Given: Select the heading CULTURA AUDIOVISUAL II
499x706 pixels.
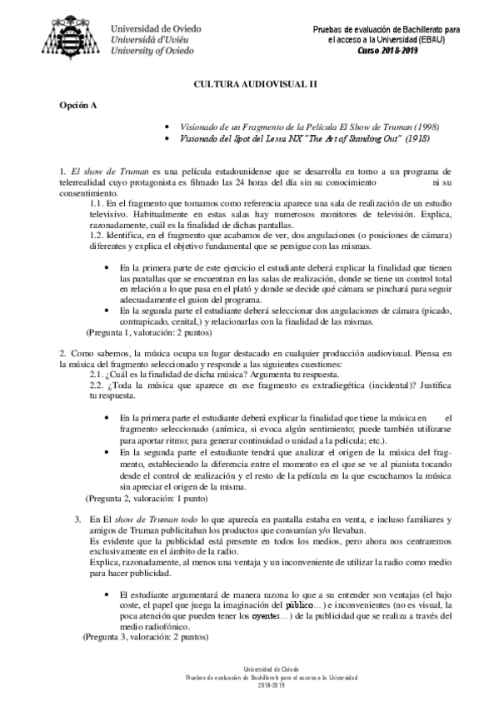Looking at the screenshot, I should (x=249, y=85).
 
